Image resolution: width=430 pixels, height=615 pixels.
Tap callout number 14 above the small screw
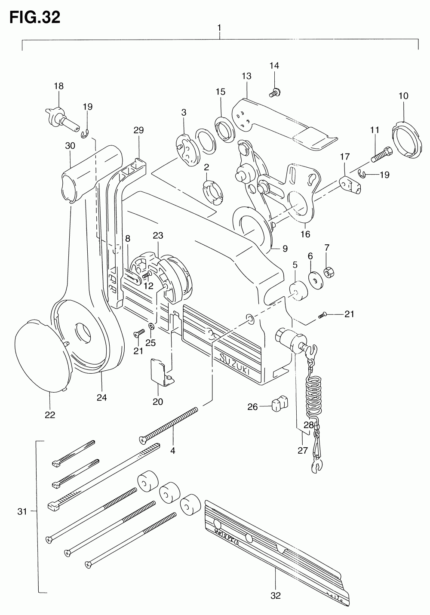tap(274, 66)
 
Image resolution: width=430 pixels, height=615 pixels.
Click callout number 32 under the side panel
tap(276, 596)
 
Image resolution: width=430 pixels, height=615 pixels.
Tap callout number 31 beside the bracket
tap(22, 512)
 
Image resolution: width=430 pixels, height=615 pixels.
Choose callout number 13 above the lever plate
tap(246, 76)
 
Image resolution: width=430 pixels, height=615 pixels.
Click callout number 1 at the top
tap(219, 28)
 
